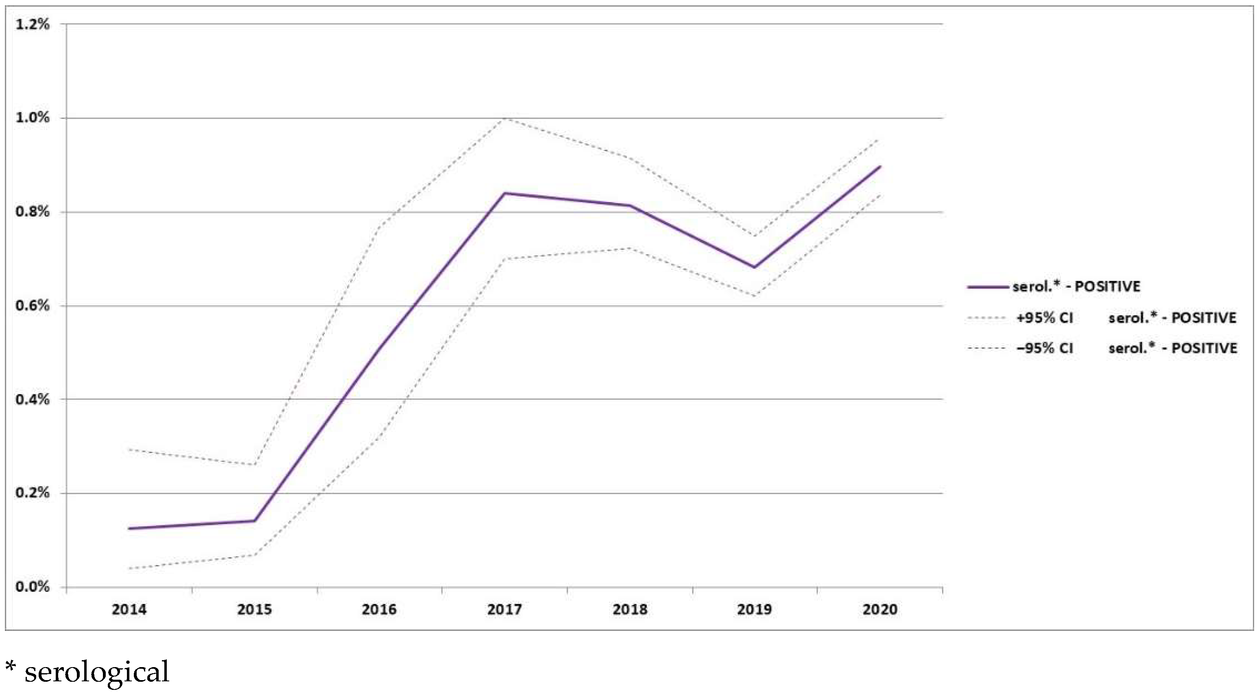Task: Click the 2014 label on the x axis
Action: coord(129,610)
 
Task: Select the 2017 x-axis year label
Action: coord(504,610)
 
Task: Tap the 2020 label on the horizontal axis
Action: coord(880,610)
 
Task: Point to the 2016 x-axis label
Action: coord(379,610)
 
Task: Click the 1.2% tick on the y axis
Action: coord(32,24)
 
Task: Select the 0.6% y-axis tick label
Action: coord(32,306)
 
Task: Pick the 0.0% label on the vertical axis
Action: coord(32,587)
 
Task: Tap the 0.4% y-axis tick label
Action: coord(32,400)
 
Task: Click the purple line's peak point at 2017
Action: coord(504,194)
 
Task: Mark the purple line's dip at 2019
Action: coord(755,267)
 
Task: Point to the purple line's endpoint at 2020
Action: coord(880,167)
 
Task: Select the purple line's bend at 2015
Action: coord(255,521)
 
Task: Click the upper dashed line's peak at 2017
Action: coord(504,119)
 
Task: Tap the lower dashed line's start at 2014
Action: coord(129,568)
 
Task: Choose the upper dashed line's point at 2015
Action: coord(255,465)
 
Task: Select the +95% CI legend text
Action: coord(1045,318)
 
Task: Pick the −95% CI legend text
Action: coord(1045,348)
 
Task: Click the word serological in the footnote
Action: coord(97,672)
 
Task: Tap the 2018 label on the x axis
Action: coord(630,610)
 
